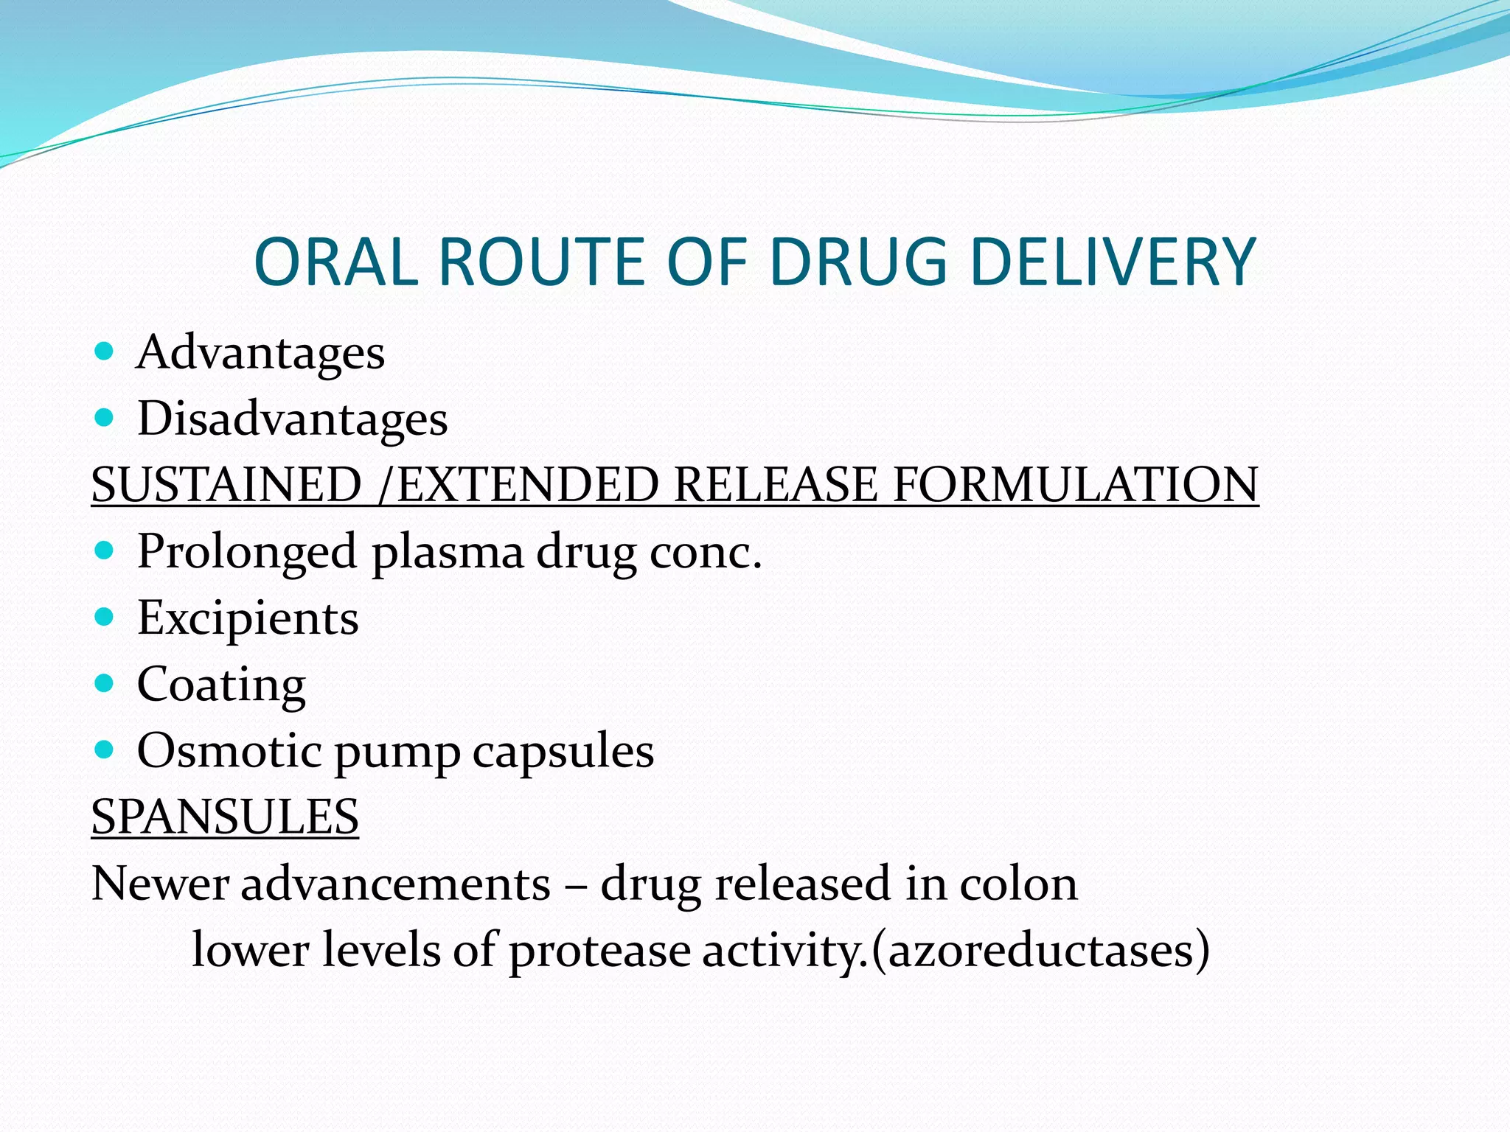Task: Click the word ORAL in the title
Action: (336, 262)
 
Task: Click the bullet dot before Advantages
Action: (105, 351)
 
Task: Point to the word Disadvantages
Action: (293, 419)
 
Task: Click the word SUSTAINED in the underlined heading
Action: (226, 485)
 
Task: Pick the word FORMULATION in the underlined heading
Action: (1076, 485)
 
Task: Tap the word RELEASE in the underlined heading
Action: (776, 485)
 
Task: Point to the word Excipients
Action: (248, 618)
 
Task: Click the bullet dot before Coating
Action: (105, 683)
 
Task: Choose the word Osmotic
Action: (229, 751)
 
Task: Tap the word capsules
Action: (563, 751)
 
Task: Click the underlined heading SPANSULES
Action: (225, 817)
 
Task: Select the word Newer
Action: (160, 884)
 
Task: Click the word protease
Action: (599, 951)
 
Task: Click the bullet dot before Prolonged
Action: (105, 551)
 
